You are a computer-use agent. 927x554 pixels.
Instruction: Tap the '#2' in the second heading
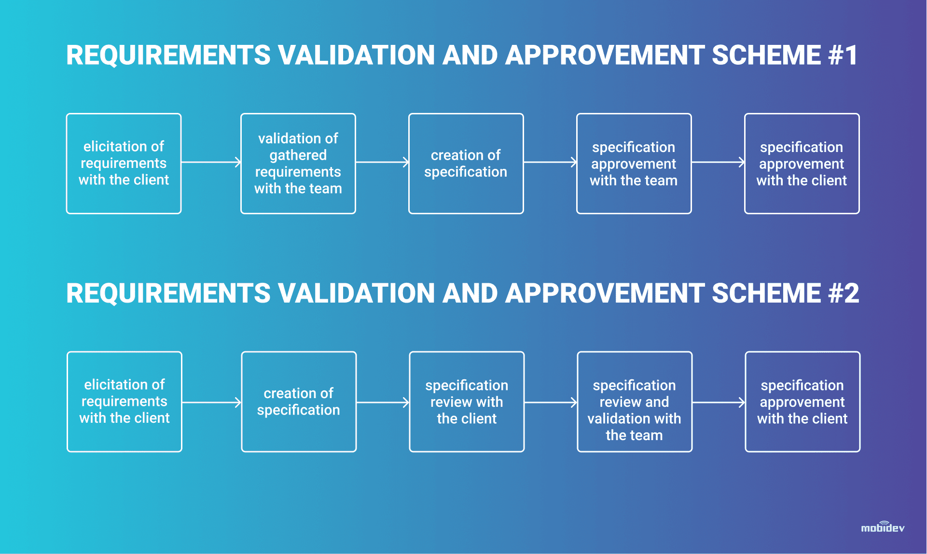pyautogui.click(x=844, y=293)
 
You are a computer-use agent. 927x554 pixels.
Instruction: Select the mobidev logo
pyautogui.click(x=883, y=527)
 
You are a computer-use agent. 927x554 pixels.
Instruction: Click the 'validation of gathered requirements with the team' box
pyautogui.click(x=298, y=164)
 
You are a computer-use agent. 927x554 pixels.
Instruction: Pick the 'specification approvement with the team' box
pyautogui.click(x=634, y=164)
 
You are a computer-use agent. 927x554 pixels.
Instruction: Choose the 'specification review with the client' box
pyautogui.click(x=467, y=402)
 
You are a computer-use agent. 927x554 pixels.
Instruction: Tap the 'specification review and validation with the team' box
pyautogui.click(x=635, y=402)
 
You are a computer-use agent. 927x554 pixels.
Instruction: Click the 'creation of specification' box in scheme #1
pyautogui.click(x=466, y=164)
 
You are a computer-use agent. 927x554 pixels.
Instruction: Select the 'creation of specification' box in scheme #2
pyautogui.click(x=299, y=402)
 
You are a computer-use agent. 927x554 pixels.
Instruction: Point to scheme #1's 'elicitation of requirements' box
pyautogui.click(x=124, y=164)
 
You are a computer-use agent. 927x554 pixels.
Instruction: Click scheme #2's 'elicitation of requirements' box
pyautogui.click(x=125, y=402)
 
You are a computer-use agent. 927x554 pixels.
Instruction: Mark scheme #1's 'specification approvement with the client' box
pyautogui.click(x=802, y=164)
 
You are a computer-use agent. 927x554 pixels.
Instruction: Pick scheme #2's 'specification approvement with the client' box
pyautogui.click(x=802, y=402)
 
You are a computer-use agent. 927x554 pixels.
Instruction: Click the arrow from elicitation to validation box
pyautogui.click(x=211, y=162)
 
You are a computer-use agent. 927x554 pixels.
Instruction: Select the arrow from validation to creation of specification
pyautogui.click(x=382, y=162)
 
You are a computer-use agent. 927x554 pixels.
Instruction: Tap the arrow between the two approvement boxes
pyautogui.click(x=718, y=162)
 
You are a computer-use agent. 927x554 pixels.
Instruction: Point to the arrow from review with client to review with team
pyautogui.click(x=551, y=402)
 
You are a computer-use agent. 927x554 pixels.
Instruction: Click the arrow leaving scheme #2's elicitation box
pyautogui.click(x=212, y=402)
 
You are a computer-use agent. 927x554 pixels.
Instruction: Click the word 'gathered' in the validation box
pyautogui.click(x=298, y=155)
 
